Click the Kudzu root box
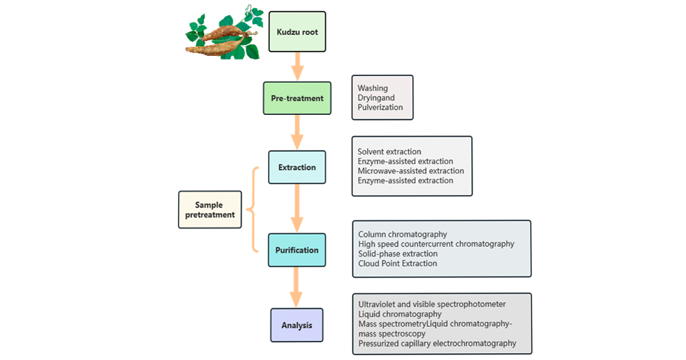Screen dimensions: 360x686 (297, 32)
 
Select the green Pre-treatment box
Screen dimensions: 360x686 (297, 98)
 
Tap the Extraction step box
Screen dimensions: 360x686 (297, 168)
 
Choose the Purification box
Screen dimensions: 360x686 (297, 250)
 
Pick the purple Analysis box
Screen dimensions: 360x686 (297, 326)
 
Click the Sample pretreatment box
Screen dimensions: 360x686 (210, 210)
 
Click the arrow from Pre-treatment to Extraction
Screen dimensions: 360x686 (297, 133)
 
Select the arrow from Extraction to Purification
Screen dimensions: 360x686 (297, 209)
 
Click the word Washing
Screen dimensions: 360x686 (373, 88)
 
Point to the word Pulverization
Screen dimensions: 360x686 (380, 107)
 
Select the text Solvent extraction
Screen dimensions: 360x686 (389, 152)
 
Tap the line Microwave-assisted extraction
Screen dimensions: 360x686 (411, 171)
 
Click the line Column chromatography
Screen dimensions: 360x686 (403, 234)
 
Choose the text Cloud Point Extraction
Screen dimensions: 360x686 (398, 263)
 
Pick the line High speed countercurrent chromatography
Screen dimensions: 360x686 (436, 244)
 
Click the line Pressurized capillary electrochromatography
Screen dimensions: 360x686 (437, 343)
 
